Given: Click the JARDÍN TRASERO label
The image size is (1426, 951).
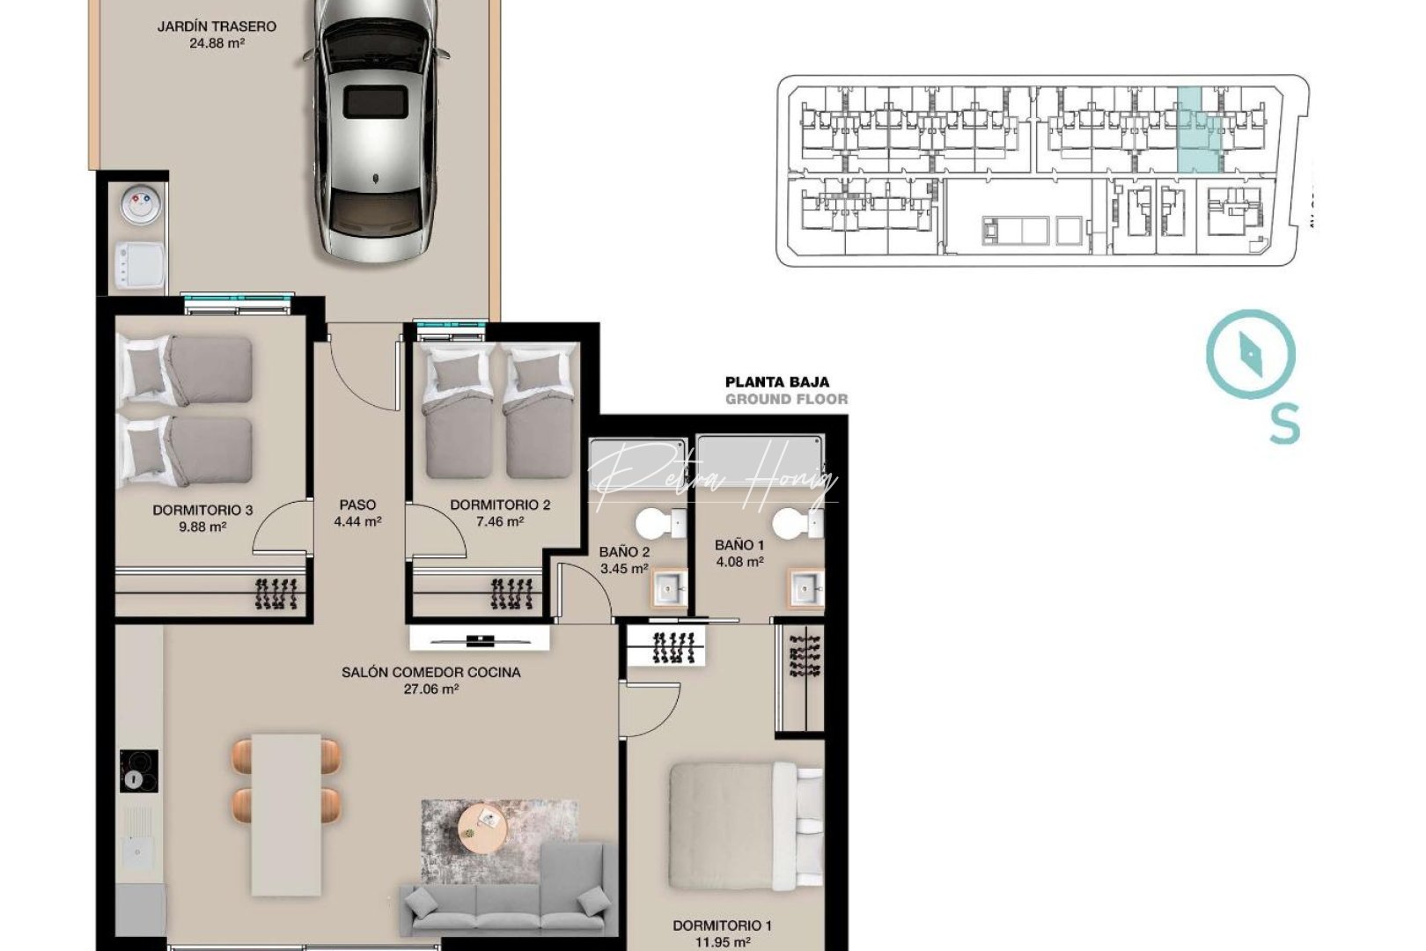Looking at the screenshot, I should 217,26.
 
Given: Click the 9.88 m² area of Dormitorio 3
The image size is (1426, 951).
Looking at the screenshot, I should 202,527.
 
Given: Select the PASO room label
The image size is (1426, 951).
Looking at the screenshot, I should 357,505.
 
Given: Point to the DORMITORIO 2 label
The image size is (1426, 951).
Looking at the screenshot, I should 500,505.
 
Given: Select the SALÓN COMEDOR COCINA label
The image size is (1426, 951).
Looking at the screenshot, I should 430,673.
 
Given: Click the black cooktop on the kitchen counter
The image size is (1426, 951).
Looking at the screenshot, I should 138,771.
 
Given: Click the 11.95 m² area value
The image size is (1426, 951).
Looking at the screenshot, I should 724,942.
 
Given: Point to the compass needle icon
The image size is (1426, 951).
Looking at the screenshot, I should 1251,355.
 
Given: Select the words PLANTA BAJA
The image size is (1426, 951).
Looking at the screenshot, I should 776,382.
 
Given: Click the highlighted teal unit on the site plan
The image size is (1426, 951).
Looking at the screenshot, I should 1196,132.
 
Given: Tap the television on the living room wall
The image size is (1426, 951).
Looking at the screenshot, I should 479,638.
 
